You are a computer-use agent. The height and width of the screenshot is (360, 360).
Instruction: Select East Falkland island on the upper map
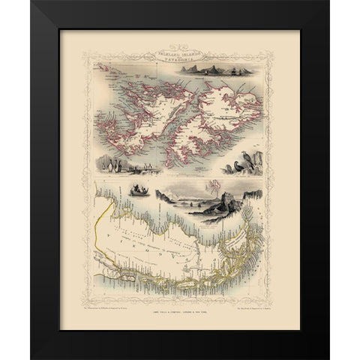(x=225, y=105)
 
